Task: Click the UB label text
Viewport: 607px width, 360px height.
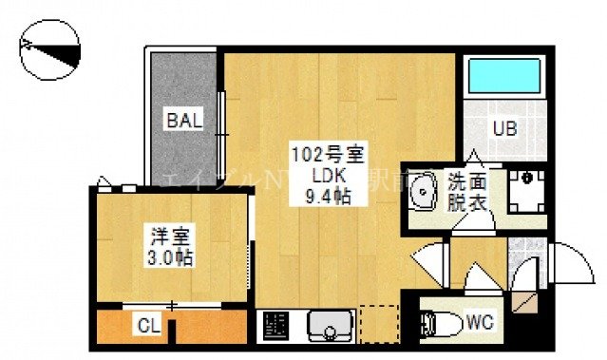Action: click(x=503, y=129)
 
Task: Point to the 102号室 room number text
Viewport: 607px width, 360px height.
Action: click(x=321, y=154)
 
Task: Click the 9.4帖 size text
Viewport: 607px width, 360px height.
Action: click(x=321, y=198)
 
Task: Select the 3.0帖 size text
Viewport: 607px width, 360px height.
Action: click(x=170, y=257)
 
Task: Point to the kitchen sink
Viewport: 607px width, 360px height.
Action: click(x=330, y=325)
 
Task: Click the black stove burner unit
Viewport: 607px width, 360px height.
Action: click(x=275, y=325)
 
